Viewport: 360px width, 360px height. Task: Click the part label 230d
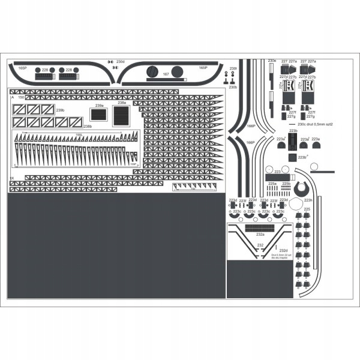click(121, 62)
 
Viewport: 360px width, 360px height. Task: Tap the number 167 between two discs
click(166, 74)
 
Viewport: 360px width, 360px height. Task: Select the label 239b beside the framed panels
click(60, 110)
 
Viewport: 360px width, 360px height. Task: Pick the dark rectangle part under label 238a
click(122, 115)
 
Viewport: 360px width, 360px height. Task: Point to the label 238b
click(87, 126)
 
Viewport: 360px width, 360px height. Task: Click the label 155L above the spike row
click(78, 135)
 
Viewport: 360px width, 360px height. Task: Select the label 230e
click(272, 61)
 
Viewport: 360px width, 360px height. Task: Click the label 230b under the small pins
click(233, 87)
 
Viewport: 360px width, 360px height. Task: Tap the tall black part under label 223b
click(292, 142)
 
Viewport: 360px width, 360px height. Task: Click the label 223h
click(308, 200)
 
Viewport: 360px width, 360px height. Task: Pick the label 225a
click(272, 184)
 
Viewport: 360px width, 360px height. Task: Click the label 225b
click(286, 184)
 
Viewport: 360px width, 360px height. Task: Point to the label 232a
click(260, 234)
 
